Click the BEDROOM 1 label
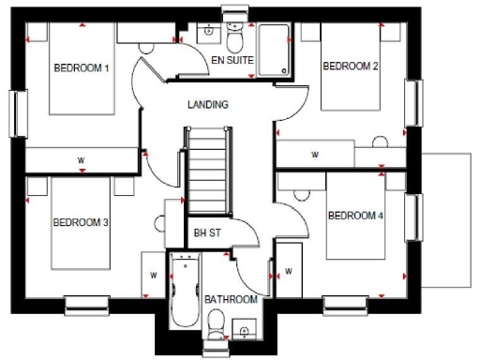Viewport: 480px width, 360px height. click(82, 68)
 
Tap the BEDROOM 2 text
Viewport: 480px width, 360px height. click(351, 66)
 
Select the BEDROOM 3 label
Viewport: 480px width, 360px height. click(82, 222)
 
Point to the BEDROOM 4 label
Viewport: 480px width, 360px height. click(355, 216)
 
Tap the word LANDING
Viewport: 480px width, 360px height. click(208, 105)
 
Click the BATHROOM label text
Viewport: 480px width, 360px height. click(232, 299)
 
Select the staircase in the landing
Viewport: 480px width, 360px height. click(206, 170)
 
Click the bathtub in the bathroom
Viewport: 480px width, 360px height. click(183, 292)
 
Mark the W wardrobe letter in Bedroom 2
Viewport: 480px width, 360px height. click(314, 154)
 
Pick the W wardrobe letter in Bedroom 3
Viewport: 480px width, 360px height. click(152, 276)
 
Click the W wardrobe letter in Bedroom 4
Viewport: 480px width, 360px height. click(288, 272)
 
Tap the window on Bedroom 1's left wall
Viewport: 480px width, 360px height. click(15, 113)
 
